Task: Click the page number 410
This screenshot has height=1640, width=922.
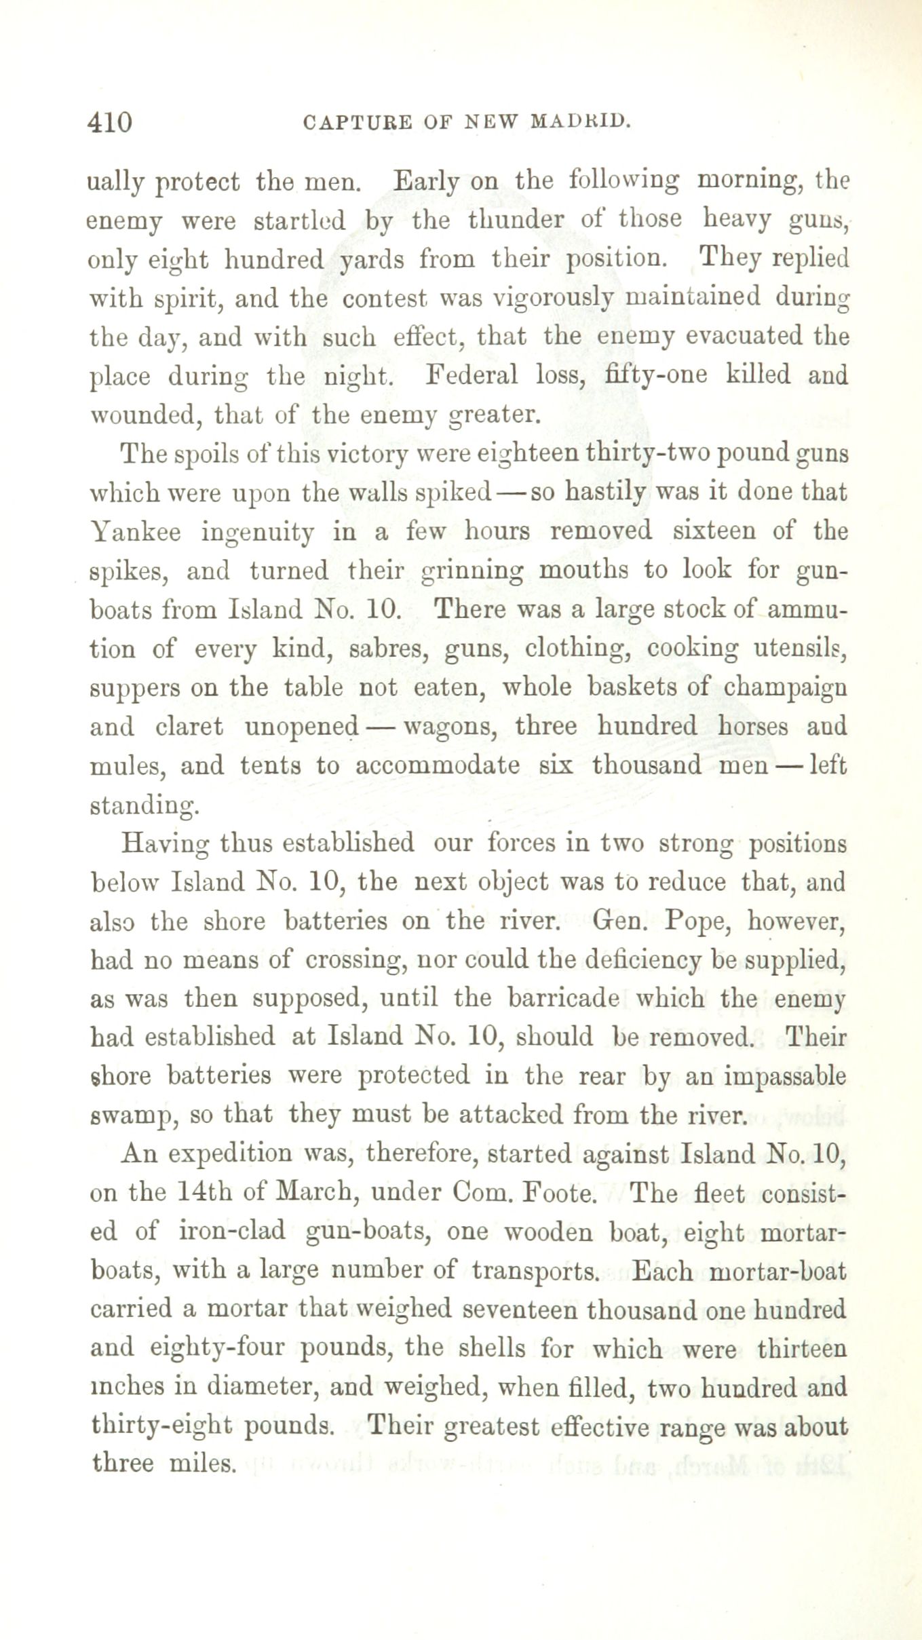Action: pyautogui.click(x=109, y=122)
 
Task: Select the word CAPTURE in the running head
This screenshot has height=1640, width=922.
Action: pyautogui.click(x=358, y=122)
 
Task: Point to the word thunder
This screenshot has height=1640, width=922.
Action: pyautogui.click(x=516, y=220)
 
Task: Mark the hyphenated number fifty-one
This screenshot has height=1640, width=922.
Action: pyautogui.click(x=656, y=375)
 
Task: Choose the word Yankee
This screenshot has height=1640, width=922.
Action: pyautogui.click(x=136, y=531)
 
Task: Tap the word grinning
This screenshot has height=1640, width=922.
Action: pyautogui.click(x=472, y=571)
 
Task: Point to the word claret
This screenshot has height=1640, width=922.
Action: pyautogui.click(x=189, y=727)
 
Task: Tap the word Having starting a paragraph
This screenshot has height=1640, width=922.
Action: pyautogui.click(x=165, y=843)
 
